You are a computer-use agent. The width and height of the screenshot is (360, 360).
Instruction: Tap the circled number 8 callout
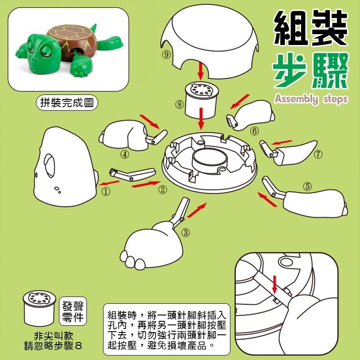(x=180, y=104)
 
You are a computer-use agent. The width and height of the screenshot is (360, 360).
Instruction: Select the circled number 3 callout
(x=185, y=232)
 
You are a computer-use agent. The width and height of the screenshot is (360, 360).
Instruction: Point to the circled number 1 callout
(x=106, y=191)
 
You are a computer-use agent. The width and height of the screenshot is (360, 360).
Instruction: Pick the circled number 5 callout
(x=307, y=185)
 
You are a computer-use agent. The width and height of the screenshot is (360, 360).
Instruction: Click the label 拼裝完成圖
(x=67, y=102)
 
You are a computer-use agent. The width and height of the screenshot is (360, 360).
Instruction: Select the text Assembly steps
(x=310, y=99)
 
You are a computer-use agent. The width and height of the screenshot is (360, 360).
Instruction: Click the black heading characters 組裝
(x=311, y=27)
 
